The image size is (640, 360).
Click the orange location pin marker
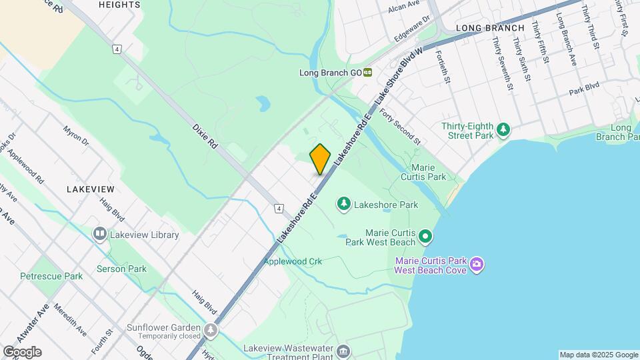tap(320, 159)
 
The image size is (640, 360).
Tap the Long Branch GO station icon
tap(367, 73)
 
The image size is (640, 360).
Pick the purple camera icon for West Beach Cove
tap(477, 265)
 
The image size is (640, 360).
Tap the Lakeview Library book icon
tap(100, 234)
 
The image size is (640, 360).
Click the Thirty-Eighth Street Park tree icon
tap(505, 128)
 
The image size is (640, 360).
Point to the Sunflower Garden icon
tap(211, 330)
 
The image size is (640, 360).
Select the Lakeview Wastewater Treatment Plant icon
tap(343, 351)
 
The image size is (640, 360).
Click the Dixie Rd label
tap(205, 135)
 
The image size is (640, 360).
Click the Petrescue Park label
tap(51, 276)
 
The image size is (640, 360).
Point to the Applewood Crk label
tap(293, 261)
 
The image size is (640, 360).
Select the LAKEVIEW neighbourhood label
tap(91, 189)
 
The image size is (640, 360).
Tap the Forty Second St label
tap(401, 127)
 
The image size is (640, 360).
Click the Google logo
tap(22, 352)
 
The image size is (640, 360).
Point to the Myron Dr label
tap(75, 135)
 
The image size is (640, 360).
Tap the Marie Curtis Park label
tap(428, 172)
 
